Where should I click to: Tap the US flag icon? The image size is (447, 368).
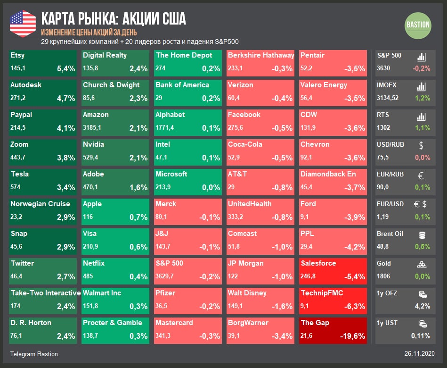coord(23,23)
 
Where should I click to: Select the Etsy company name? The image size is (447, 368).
coord(17,55)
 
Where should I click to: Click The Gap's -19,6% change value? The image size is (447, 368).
coord(352,336)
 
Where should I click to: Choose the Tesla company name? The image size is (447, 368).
coord(19,174)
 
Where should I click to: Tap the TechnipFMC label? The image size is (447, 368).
coord(322,293)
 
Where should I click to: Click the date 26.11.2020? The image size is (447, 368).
coord(419,353)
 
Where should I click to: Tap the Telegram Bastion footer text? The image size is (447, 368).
coord(34,353)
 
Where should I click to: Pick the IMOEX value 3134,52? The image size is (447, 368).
coord(388,98)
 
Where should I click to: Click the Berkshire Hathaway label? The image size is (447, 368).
coord(260,55)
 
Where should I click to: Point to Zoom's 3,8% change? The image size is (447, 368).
coord(66,158)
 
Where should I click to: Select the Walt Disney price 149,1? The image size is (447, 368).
coord(235,306)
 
